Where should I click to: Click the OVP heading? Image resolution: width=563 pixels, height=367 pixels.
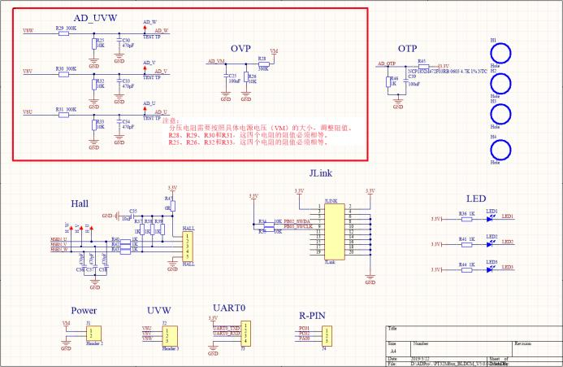coord(240,48)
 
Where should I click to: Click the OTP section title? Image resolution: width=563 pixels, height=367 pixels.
coord(407,50)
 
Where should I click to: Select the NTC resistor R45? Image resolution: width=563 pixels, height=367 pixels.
coord(423,67)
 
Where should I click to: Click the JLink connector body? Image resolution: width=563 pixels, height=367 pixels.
coord(331,231)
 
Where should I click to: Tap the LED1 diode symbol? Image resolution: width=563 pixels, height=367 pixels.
coord(492,218)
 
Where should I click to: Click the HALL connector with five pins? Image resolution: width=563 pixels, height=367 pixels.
coord(188,245)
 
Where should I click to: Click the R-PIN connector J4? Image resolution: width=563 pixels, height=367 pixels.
coord(325,334)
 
